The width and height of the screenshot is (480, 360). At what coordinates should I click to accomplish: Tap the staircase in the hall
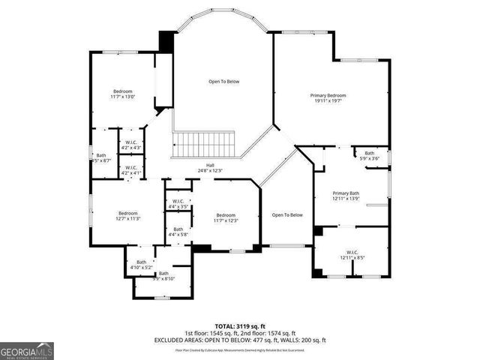tap(204, 142)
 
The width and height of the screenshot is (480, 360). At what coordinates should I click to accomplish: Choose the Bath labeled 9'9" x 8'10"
tap(163, 274)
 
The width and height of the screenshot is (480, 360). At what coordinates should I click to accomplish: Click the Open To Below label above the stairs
tap(223, 81)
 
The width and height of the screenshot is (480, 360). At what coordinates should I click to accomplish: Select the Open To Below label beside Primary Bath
tap(287, 215)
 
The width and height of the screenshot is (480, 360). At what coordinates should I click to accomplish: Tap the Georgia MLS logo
tap(27, 349)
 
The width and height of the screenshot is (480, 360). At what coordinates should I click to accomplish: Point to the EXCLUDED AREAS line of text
tap(240, 340)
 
